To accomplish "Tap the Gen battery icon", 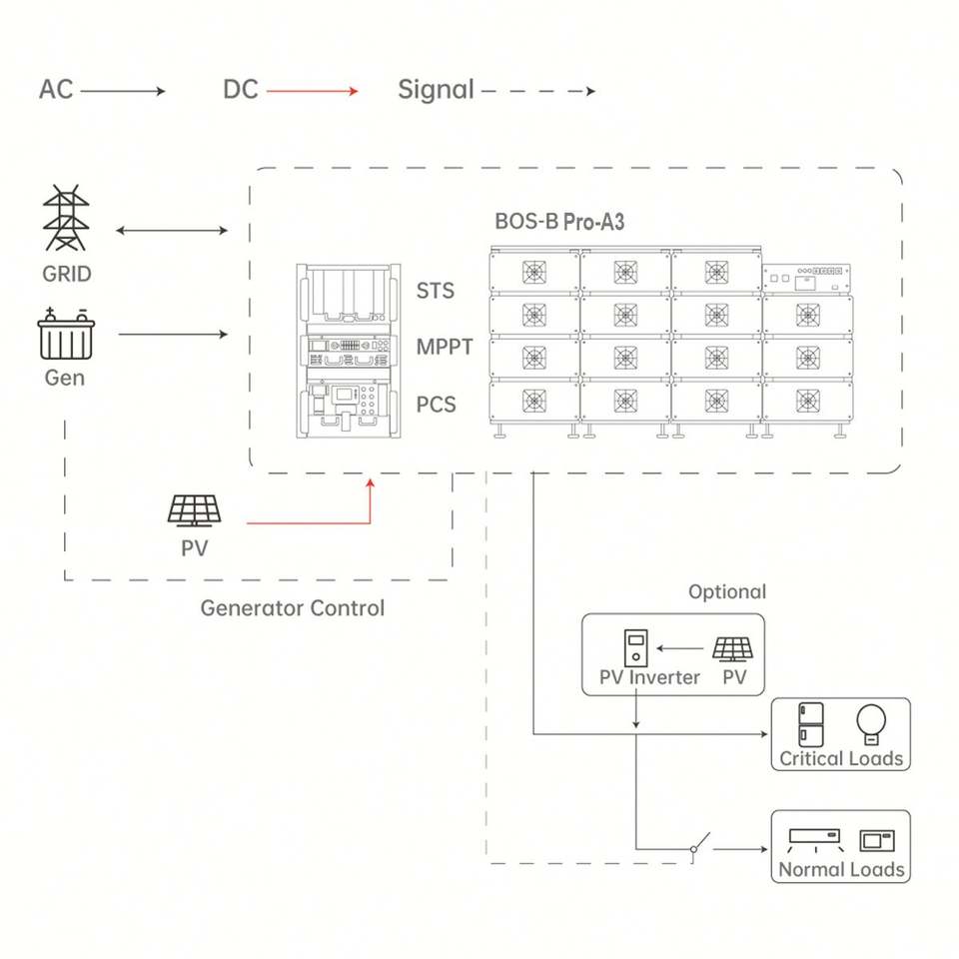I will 65,336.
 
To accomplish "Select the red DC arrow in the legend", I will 312,91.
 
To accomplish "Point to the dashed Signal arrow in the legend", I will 537,91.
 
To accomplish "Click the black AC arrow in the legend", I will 122,91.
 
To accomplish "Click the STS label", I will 436,291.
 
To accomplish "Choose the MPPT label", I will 445,348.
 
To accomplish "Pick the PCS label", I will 437,405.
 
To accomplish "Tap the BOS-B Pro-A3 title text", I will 559,222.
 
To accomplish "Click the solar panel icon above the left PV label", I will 194,511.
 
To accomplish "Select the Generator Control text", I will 292,607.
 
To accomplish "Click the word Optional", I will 727,591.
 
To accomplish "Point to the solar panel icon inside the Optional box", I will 733,647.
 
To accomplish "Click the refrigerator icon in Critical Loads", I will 811,724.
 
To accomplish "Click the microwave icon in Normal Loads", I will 877,839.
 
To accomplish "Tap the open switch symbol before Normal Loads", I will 700,845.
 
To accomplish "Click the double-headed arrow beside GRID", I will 172,232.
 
